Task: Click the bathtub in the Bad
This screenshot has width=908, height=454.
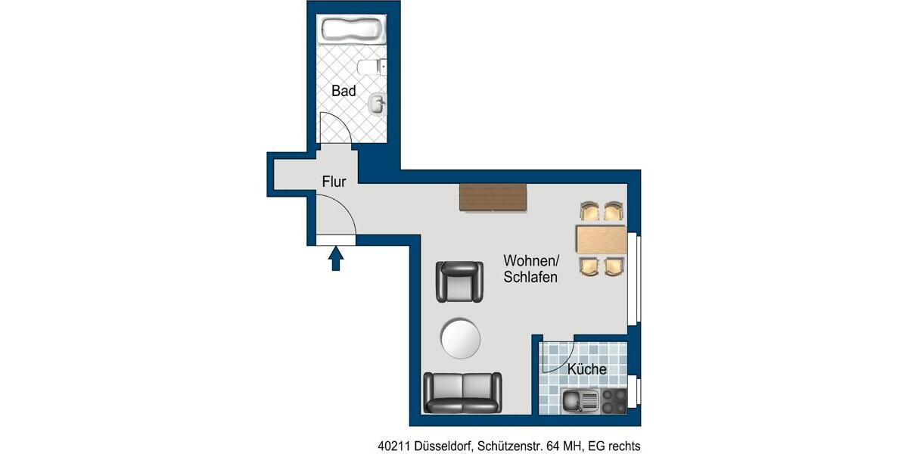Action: pos(353,31)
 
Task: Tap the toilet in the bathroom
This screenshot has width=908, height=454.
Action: pos(371,68)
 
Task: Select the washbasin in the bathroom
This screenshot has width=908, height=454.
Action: pos(377,103)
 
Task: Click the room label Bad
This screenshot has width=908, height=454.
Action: pos(344,91)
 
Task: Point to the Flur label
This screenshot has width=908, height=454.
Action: pos(334,182)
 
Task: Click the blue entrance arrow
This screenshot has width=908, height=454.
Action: pos(336,259)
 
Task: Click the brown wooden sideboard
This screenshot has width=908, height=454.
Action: pos(493,197)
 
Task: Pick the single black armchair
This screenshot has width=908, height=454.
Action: pos(459,281)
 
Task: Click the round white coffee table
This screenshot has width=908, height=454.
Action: pos(461,338)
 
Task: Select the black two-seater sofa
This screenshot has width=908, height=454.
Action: pos(462,392)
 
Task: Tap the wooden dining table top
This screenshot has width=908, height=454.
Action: pos(601,240)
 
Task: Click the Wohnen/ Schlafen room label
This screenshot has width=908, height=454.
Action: pos(531,269)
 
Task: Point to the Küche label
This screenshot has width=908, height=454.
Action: pos(586,369)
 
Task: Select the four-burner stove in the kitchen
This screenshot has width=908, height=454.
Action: pos(613,400)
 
